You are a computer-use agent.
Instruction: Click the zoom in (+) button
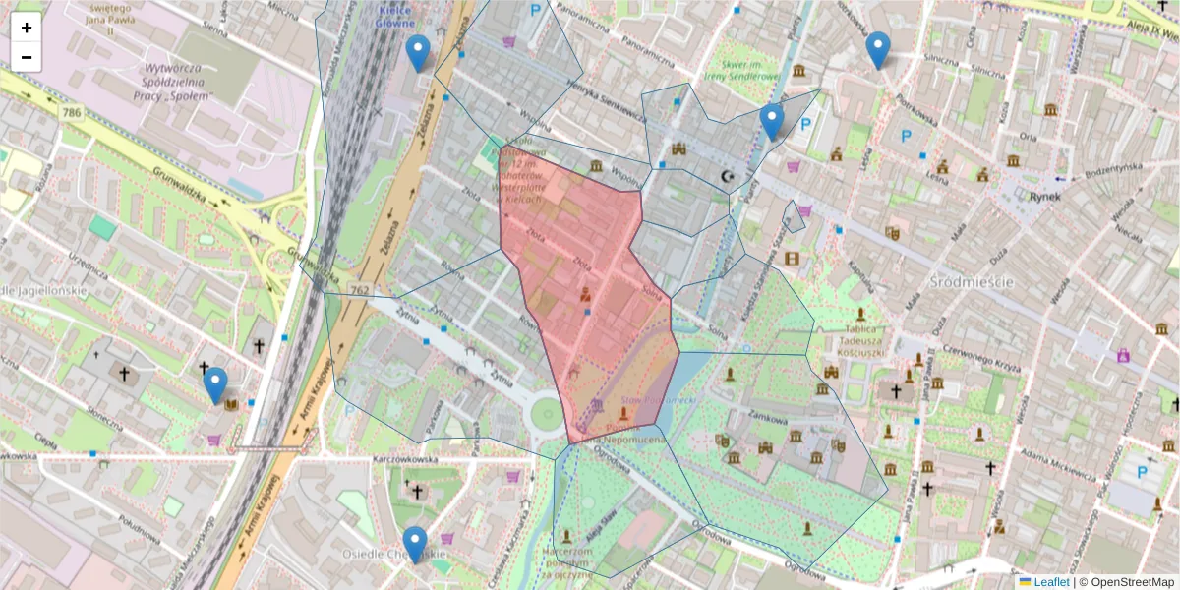pyautogui.click(x=27, y=28)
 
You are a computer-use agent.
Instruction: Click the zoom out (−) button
pyautogui.click(x=27, y=57)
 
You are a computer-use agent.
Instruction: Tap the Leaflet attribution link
pyautogui.click(x=1051, y=582)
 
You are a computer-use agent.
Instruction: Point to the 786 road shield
pyautogui.click(x=72, y=113)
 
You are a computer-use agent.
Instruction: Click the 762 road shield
pyautogui.click(x=359, y=290)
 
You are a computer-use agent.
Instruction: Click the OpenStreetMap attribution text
pyautogui.click(x=1131, y=582)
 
